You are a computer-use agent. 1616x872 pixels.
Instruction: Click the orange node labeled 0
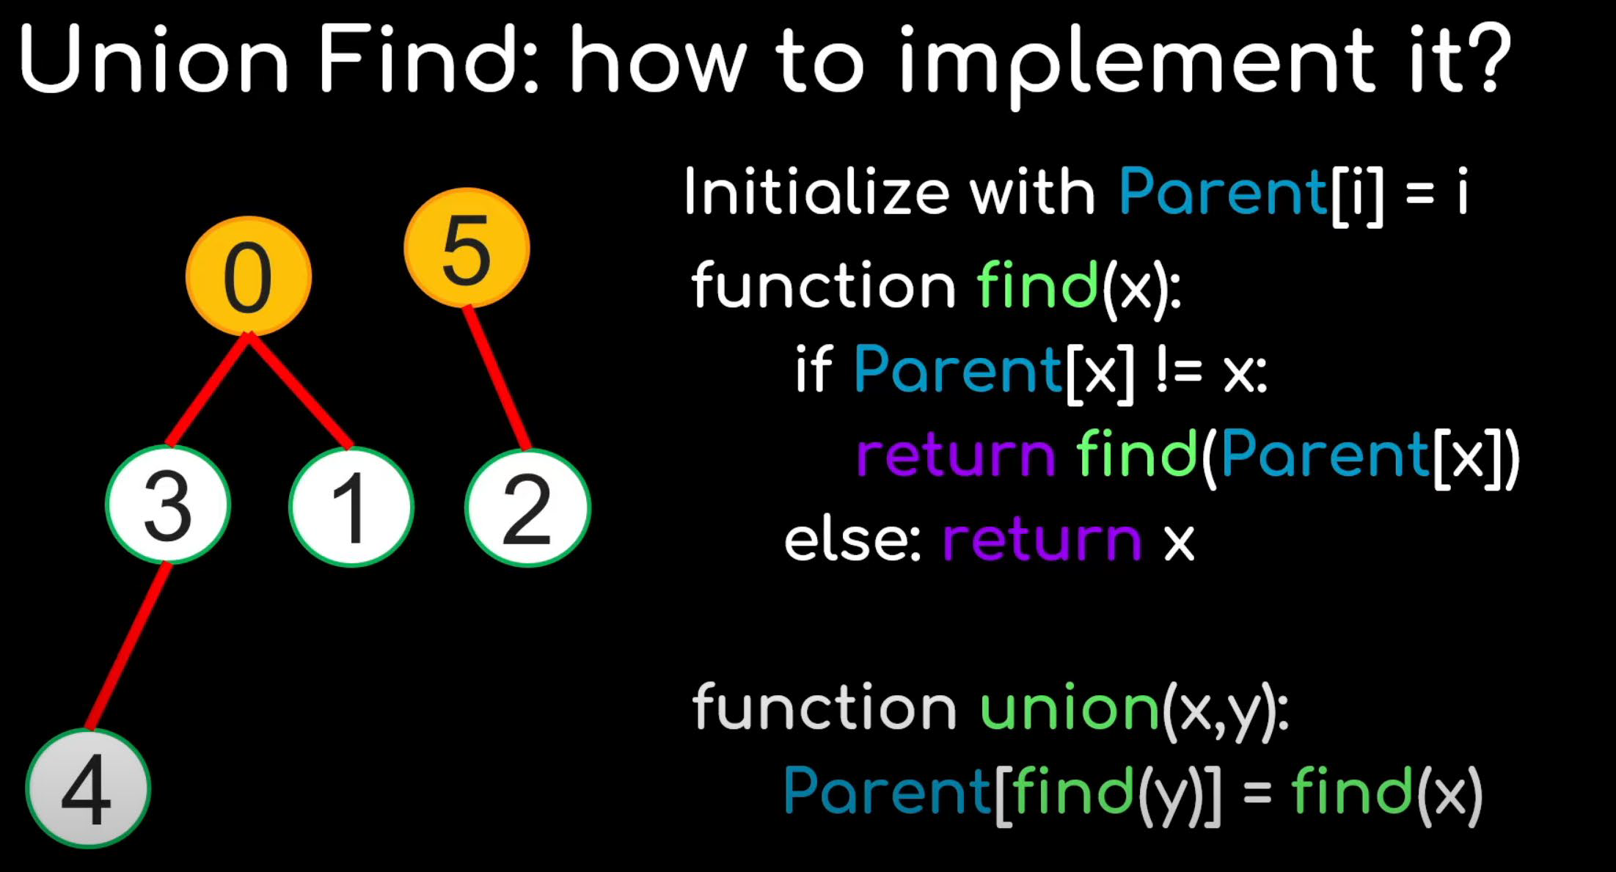[x=248, y=276]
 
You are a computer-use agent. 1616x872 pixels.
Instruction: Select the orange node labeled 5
[x=467, y=248]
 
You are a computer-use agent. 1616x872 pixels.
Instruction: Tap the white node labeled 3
[x=168, y=505]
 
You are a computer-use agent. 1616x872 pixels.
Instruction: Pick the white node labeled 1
[x=351, y=507]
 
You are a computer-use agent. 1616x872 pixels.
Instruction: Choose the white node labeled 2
[x=527, y=508]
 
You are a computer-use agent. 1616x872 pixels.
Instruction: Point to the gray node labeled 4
[x=88, y=789]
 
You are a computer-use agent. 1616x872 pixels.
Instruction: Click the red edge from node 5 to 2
[x=497, y=377]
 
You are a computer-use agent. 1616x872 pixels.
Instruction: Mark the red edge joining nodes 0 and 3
[x=208, y=389]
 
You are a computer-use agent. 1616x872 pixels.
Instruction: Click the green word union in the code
[x=1069, y=708]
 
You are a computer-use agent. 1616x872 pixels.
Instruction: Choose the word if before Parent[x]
[x=814, y=370]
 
